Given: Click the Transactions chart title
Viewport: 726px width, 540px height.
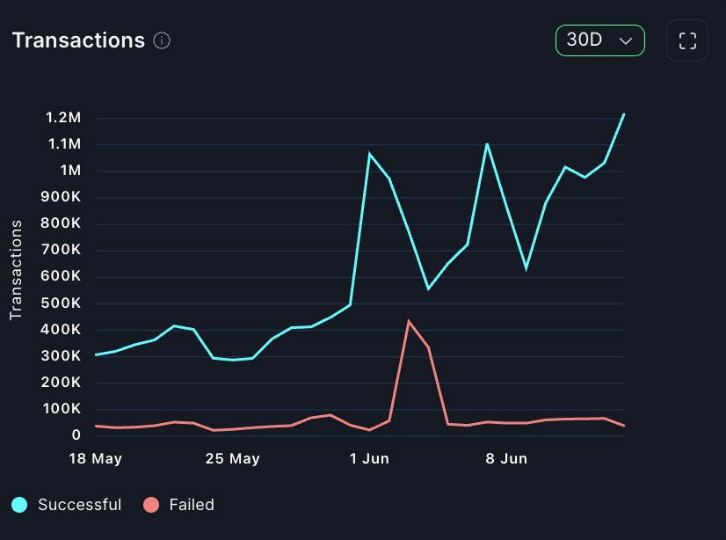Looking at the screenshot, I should [77, 40].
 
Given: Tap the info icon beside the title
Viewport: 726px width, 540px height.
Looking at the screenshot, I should [162, 40].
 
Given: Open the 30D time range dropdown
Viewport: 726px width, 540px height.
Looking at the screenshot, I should [599, 40].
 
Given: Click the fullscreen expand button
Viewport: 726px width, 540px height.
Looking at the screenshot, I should [687, 40].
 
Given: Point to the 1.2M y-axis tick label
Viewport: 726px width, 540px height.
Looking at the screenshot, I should [63, 118].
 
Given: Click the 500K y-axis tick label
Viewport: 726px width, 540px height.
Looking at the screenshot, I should [62, 303].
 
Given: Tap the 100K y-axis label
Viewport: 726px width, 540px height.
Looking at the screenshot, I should [62, 409].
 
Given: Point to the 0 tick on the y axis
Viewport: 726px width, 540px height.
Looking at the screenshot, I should [76, 435].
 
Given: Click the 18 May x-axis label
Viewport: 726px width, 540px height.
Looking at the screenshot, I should [96, 459].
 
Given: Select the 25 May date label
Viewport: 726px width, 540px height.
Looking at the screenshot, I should [233, 459].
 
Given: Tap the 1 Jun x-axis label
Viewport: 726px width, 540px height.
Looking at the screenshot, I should [369, 459].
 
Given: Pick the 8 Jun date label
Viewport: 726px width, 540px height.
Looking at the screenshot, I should [506, 459].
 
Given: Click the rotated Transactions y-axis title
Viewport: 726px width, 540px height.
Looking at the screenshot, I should [16, 270].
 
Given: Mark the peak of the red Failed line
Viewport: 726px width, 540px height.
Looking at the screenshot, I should [409, 321].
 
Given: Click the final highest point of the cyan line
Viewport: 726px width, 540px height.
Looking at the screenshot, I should [623, 114].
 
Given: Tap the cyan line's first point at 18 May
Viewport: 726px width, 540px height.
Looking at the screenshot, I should [96, 354].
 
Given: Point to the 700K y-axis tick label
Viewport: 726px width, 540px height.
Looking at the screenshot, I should [62, 250].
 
